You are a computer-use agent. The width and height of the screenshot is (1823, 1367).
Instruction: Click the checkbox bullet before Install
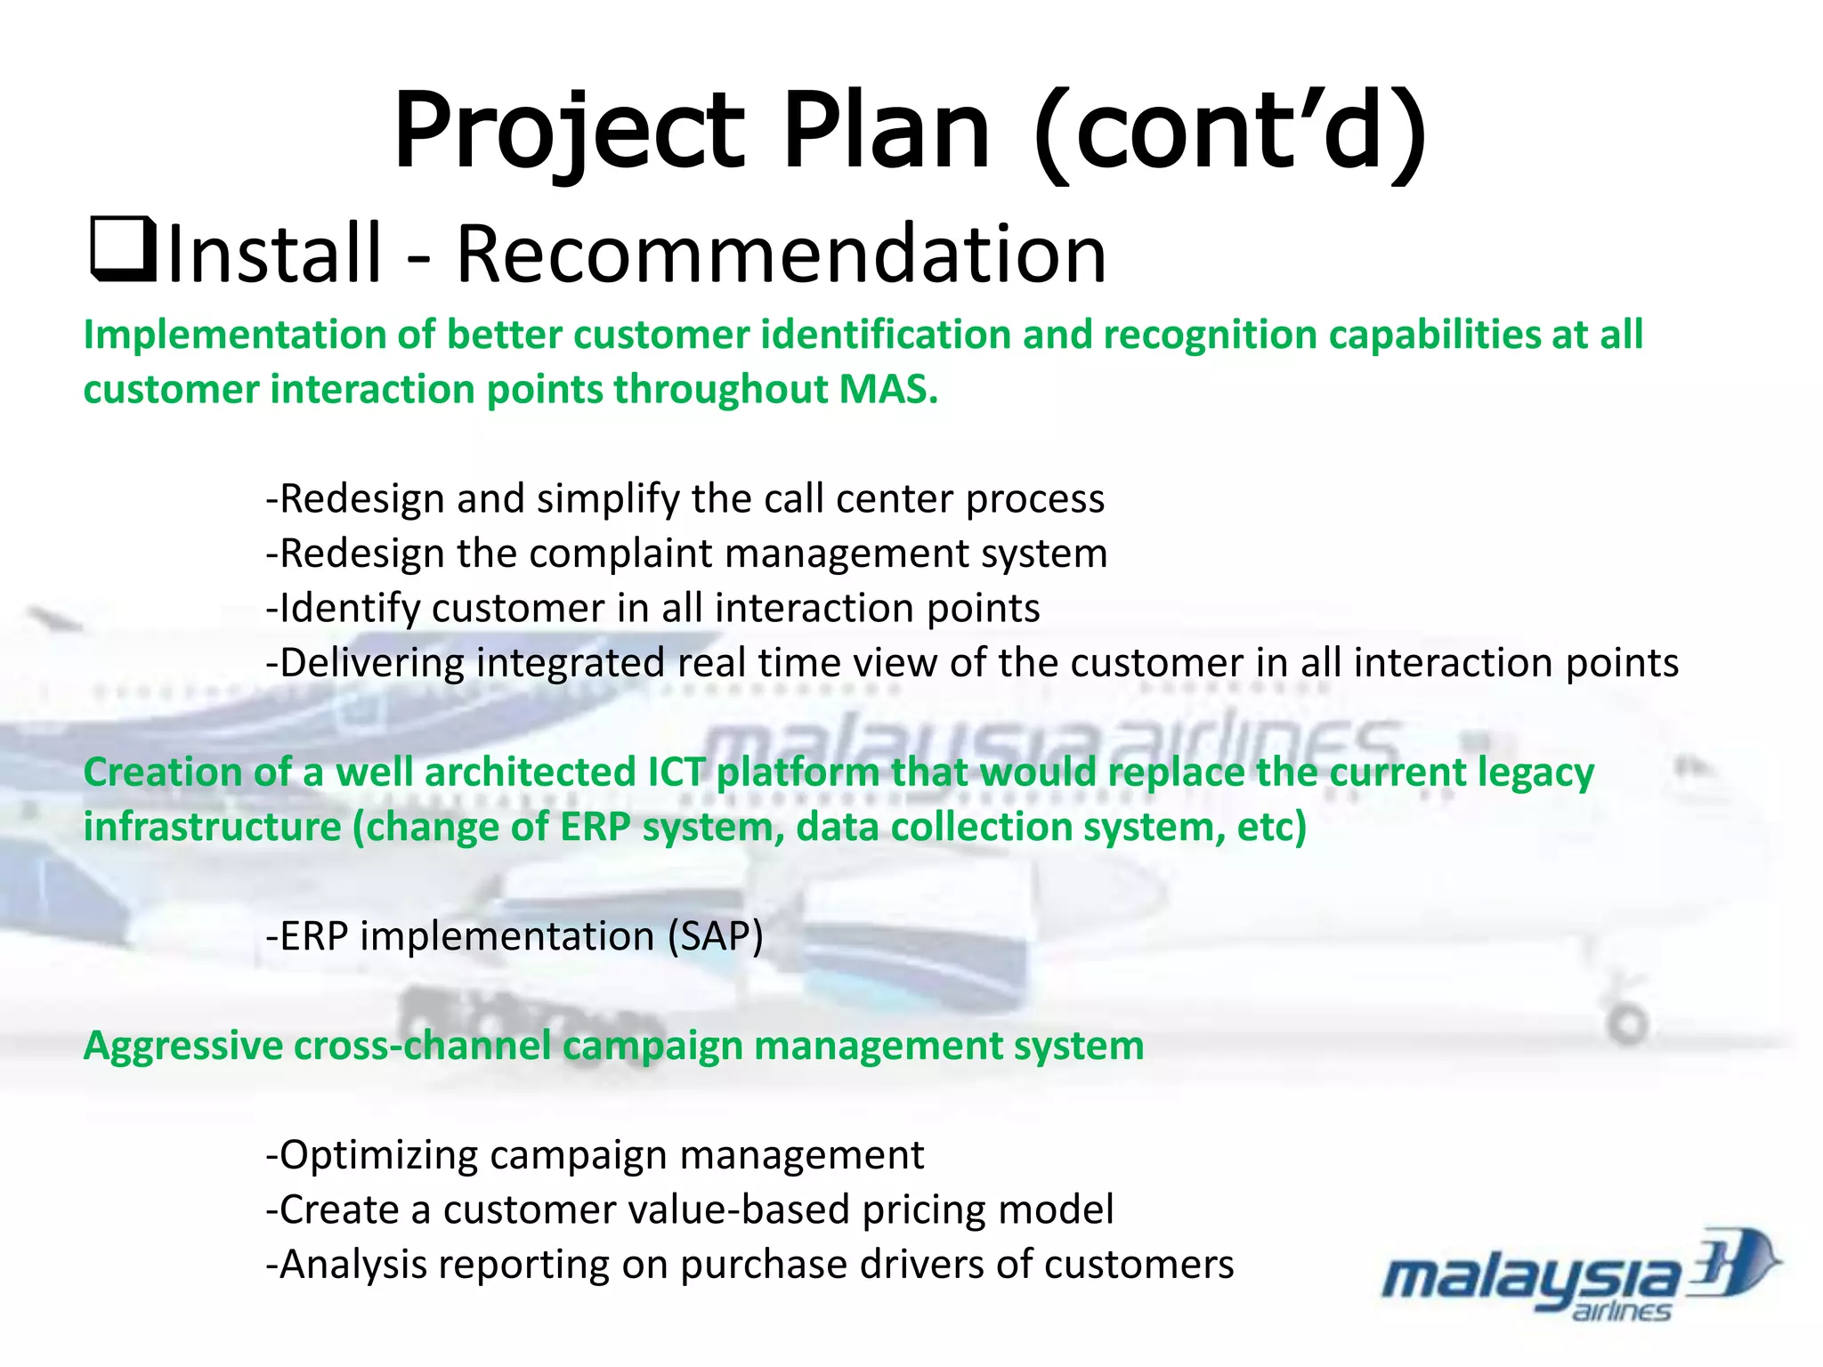click(123, 252)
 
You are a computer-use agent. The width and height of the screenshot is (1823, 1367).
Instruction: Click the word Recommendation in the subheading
click(781, 255)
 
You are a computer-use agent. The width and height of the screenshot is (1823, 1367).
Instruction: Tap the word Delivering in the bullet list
click(372, 663)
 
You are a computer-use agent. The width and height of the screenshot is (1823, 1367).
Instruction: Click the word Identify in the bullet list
click(350, 609)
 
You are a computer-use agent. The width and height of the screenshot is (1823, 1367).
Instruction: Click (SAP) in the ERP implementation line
click(716, 936)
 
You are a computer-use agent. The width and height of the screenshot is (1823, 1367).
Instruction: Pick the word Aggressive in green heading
click(182, 1046)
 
